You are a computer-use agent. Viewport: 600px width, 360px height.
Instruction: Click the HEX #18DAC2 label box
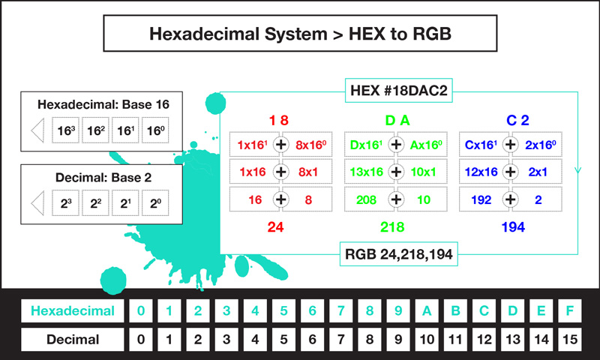point(399,90)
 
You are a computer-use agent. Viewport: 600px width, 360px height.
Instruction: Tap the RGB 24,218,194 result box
point(399,254)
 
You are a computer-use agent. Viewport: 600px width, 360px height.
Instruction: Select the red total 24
point(275,227)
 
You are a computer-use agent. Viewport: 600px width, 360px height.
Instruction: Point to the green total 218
point(392,227)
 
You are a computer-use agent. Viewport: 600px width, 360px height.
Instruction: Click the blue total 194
point(513,227)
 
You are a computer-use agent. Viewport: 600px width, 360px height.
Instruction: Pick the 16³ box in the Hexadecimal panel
point(66,130)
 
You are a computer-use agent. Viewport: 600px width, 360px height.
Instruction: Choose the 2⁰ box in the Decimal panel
point(155,203)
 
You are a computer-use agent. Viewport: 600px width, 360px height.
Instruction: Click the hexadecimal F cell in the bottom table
point(570,310)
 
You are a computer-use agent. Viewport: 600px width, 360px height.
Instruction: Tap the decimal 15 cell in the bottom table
point(570,339)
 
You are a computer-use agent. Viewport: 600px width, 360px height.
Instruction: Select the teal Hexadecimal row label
point(73,310)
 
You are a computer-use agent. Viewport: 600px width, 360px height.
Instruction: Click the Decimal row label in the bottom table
point(73,339)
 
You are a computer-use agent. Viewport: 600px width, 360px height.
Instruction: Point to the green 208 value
point(366,199)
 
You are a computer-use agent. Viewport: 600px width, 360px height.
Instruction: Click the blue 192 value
point(481,199)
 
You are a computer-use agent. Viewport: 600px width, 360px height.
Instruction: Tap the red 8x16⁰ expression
point(310,145)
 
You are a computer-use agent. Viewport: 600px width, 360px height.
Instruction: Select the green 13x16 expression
point(366,172)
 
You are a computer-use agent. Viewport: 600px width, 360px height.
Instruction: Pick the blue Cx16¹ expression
point(481,145)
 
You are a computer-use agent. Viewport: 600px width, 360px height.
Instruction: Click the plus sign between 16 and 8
point(280,199)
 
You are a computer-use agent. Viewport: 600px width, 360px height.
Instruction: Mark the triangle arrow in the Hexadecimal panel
point(37,130)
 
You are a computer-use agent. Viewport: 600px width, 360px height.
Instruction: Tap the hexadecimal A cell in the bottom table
point(427,310)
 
